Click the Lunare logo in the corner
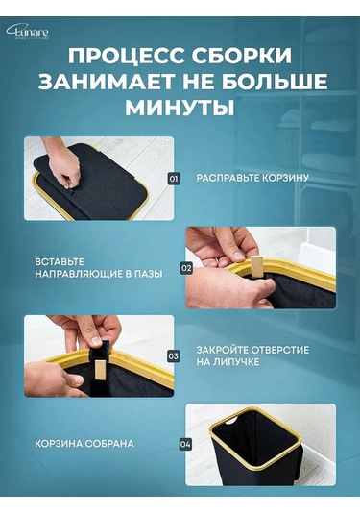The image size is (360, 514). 28,33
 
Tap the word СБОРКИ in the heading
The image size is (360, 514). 241,56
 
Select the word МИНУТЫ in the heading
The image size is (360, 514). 180,108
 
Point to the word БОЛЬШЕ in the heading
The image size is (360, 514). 275,82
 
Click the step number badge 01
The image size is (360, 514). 174,179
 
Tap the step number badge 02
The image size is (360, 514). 186,268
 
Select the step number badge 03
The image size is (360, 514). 174,356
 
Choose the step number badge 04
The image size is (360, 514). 185,445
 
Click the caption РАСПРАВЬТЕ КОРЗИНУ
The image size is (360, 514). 252,178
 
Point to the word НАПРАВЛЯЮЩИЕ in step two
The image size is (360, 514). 78,274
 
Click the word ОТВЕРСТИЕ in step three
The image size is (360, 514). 279,350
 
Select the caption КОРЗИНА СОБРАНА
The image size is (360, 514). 84,444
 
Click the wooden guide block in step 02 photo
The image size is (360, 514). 256,267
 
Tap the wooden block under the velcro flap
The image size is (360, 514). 101,370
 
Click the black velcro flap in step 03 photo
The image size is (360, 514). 97,350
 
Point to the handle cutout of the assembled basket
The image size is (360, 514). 231,420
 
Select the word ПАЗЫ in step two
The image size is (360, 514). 149,274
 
